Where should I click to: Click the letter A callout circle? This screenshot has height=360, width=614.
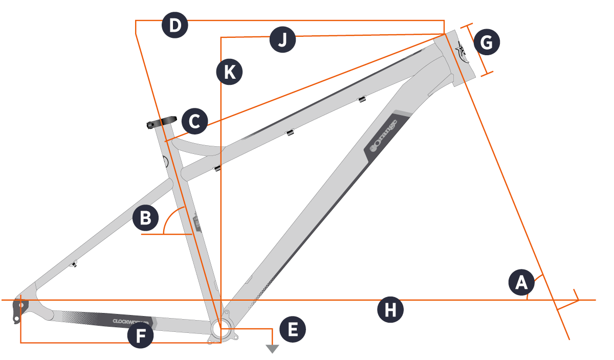tap(521, 283)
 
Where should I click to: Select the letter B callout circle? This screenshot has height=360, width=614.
tap(145, 218)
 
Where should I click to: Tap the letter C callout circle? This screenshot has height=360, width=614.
tap(194, 122)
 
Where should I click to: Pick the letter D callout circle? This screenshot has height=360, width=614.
tap(175, 26)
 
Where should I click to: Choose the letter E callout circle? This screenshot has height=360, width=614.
tap(293, 329)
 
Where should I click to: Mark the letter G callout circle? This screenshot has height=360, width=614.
tap(486, 43)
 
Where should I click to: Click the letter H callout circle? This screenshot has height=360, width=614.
tap(390, 310)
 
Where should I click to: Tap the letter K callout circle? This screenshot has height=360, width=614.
tap(229, 72)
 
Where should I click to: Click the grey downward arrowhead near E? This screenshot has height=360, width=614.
tap(272, 349)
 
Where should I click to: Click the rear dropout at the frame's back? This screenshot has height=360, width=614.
tap(19, 308)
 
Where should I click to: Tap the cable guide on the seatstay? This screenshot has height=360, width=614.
tap(74, 264)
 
